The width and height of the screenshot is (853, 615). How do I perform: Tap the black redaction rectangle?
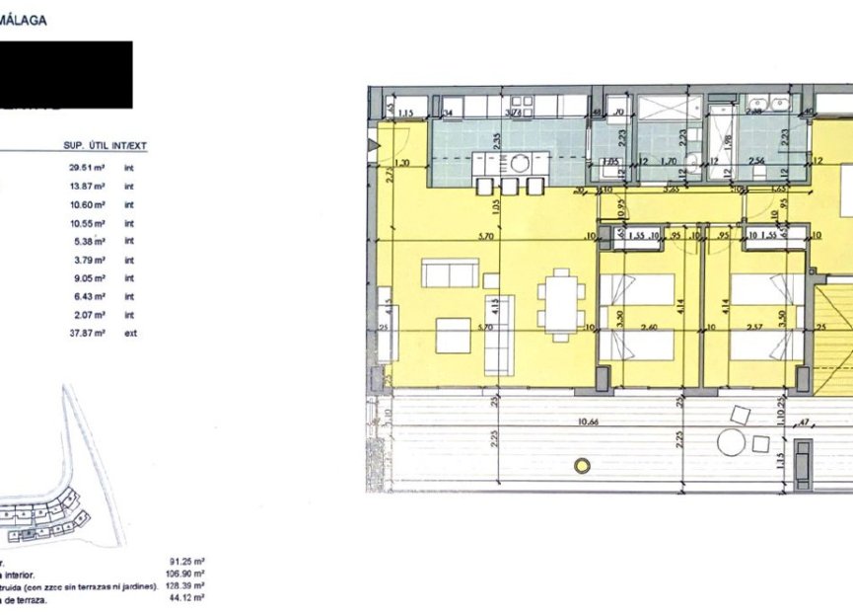click(x=65, y=74)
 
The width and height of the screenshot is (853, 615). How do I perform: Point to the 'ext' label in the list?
click(x=129, y=334)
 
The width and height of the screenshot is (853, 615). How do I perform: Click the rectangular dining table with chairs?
click(x=560, y=304)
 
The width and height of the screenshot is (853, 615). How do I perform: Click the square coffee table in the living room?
click(x=453, y=335)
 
